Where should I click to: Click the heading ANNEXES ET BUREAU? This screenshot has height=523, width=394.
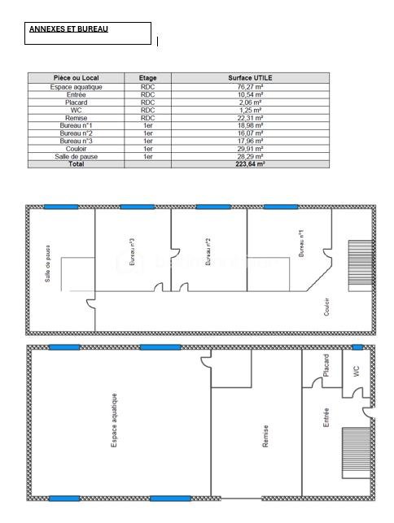(x=68, y=29)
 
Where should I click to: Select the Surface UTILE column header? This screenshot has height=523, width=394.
(x=250, y=78)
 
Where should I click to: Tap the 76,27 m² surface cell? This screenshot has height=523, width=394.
(x=250, y=87)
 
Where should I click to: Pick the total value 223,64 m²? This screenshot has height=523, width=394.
(x=250, y=163)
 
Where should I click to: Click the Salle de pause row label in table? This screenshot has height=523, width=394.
(x=77, y=156)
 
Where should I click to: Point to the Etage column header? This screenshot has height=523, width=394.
(x=147, y=78)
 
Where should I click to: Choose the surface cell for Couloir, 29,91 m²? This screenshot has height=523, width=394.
(x=250, y=149)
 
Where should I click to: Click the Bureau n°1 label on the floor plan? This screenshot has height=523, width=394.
(x=301, y=243)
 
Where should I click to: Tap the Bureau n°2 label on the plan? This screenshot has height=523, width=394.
(x=208, y=252)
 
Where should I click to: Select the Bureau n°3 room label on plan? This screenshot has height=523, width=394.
(x=132, y=252)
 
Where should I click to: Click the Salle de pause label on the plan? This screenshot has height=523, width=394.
(x=48, y=264)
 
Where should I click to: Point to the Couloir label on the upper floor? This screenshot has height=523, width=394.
(x=326, y=307)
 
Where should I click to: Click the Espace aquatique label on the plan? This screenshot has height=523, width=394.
(x=114, y=421)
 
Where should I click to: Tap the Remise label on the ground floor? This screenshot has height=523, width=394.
(x=265, y=436)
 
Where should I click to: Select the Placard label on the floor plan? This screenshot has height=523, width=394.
(x=326, y=365)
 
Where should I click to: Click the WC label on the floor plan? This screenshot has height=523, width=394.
(x=356, y=371)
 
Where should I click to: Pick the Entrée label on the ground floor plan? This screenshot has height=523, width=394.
(x=326, y=417)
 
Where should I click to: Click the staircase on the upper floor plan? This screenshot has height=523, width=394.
(x=361, y=266)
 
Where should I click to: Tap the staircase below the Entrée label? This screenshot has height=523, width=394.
(x=357, y=453)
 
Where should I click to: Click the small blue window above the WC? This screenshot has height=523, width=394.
(x=357, y=347)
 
